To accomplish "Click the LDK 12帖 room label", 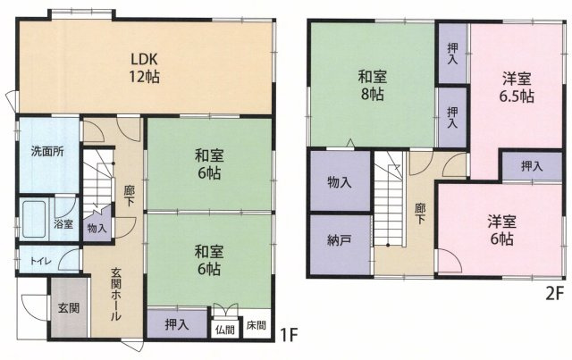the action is [144, 68].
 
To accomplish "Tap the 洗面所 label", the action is [47, 151].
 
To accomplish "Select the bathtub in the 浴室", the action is [34, 219].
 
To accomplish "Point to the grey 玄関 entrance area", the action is [69, 308].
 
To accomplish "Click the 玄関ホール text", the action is [116, 295].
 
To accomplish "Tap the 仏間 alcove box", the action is [224, 330].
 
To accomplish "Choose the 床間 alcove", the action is [257, 324].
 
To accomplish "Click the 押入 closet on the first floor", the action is [177, 324].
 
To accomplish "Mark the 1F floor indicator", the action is [290, 335].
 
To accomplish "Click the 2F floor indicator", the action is [555, 295].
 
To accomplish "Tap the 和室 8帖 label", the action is [372, 86].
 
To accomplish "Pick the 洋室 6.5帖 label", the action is [517, 88].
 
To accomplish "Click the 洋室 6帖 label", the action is [502, 230].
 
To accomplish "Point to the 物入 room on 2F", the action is [340, 180].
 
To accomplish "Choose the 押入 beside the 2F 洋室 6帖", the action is [533, 166].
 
